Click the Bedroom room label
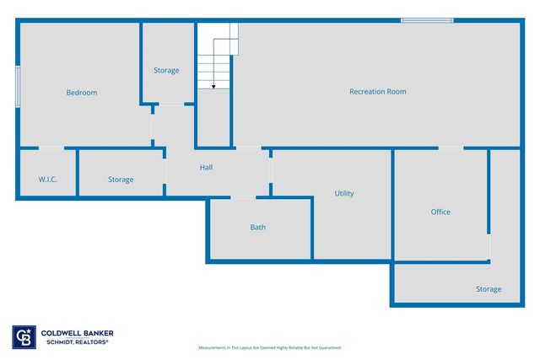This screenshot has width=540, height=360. (82, 93)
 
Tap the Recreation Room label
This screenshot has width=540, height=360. (378, 91)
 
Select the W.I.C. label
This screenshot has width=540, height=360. (46, 180)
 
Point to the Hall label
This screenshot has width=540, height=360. (206, 167)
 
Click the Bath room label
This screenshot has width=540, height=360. (258, 228)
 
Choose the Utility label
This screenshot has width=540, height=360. (344, 194)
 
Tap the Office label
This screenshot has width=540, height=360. (440, 212)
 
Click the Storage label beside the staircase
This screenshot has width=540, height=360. (166, 70)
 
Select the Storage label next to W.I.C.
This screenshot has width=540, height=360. (121, 180)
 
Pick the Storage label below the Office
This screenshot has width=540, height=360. (489, 289)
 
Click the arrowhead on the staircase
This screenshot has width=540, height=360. (214, 85)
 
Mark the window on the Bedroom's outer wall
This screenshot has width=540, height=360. (18, 86)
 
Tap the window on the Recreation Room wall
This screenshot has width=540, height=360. (427, 20)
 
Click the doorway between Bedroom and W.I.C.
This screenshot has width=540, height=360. (51, 149)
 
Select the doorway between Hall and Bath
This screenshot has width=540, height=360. (243, 198)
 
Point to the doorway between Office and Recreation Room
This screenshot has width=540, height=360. (451, 149)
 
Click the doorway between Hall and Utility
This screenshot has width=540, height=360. (271, 172)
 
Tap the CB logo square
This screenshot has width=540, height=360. (24, 336)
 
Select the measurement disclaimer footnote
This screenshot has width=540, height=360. (270, 347)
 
